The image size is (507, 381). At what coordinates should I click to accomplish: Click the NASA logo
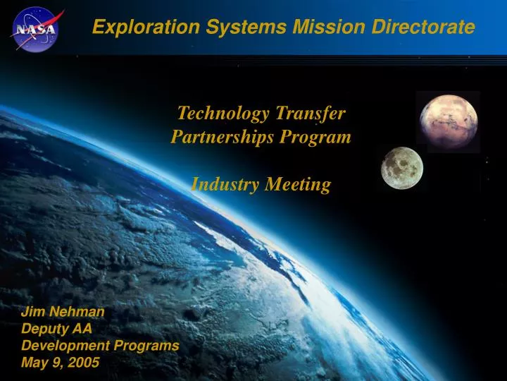(35, 28)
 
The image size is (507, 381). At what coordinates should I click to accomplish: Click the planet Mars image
(448, 121)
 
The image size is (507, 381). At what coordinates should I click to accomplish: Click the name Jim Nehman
(63, 311)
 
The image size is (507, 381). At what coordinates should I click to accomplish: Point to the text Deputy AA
(57, 328)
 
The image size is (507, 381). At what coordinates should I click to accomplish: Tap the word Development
(65, 346)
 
